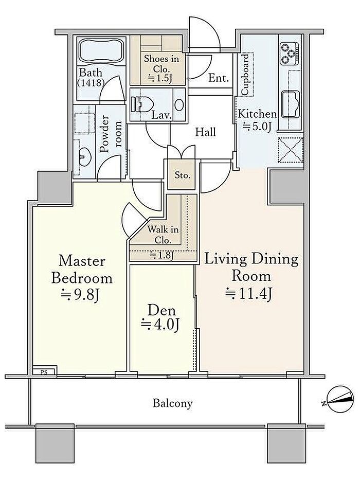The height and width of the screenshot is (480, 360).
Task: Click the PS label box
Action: pos(44,373)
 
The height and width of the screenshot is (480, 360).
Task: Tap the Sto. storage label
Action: pos(183,175)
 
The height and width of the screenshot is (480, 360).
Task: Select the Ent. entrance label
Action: pos(219,78)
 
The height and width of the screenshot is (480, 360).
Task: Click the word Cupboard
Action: pos(246,75)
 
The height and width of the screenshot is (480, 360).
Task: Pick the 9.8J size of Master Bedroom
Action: pos(80,295)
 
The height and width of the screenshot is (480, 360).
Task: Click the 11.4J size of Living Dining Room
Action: pos(248,293)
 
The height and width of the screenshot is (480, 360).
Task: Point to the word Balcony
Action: pos(173,403)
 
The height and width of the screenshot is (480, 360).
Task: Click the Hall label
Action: pos(205,132)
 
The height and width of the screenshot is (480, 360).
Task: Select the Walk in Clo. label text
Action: pos(163,235)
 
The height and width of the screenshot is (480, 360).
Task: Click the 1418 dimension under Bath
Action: pos(91,83)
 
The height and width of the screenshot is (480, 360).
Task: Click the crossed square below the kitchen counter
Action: pos(290,150)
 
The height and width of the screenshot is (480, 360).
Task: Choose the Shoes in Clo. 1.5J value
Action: pos(160,78)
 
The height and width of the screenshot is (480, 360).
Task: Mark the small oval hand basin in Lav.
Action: pos(179,104)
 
